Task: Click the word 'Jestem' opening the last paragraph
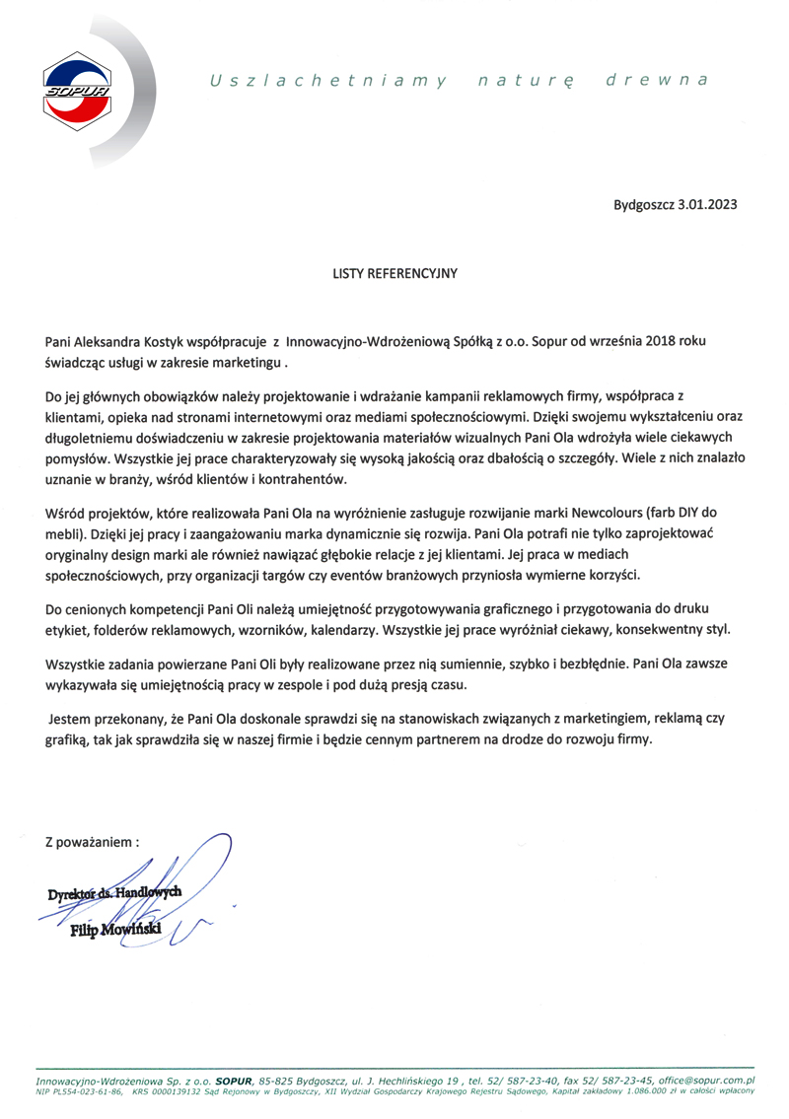click(x=70, y=720)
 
